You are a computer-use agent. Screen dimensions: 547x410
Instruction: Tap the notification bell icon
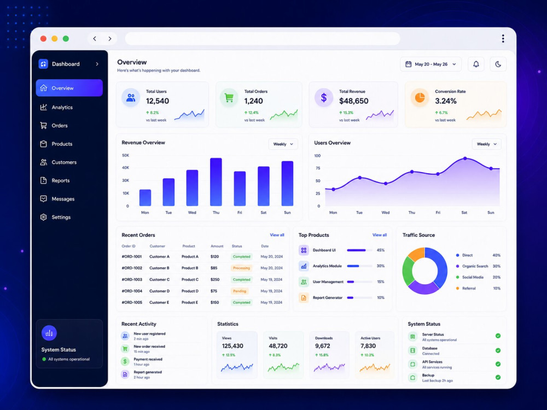[x=476, y=64]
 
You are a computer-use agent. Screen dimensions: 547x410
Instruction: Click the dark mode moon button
[x=498, y=64]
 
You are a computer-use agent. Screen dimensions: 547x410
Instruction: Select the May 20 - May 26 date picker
[x=430, y=64]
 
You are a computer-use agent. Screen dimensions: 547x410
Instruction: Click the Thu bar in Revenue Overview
[x=216, y=181]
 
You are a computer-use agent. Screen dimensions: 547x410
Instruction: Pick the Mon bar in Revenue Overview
[x=145, y=197]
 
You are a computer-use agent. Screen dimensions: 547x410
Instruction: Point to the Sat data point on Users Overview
[x=465, y=159]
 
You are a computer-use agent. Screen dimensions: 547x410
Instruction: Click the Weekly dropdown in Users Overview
[x=487, y=144]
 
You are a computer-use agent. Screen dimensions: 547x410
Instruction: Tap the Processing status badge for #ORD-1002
[x=241, y=268]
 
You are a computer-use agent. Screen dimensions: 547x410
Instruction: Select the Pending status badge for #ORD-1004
[x=240, y=291]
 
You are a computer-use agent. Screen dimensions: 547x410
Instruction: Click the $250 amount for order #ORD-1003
[x=215, y=279]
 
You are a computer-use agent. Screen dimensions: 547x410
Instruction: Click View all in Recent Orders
[x=277, y=235]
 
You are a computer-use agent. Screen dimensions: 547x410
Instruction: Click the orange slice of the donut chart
[x=416, y=254]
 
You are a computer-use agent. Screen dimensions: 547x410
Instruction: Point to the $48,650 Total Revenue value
[x=354, y=101]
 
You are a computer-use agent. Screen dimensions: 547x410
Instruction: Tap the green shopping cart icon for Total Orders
[x=229, y=98]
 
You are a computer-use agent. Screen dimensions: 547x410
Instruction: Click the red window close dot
[x=43, y=39]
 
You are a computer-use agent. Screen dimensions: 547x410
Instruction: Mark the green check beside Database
[x=498, y=350]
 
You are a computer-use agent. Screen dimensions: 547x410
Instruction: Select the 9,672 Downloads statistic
[x=322, y=346]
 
